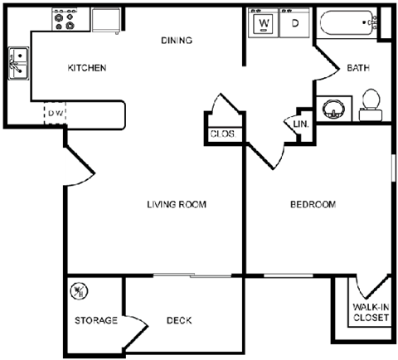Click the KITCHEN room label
coord(86,68)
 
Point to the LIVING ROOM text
coord(176,204)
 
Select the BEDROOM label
coord(313,204)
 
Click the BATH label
coord(358,68)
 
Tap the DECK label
coord(179,320)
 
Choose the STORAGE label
coord(95,320)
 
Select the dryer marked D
coord(294,23)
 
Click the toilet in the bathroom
coord(371,101)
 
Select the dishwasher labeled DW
coord(56,112)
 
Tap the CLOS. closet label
coord(222,133)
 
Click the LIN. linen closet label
coord(300,124)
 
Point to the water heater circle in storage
coord(80,291)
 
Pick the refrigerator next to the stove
coord(106,19)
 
